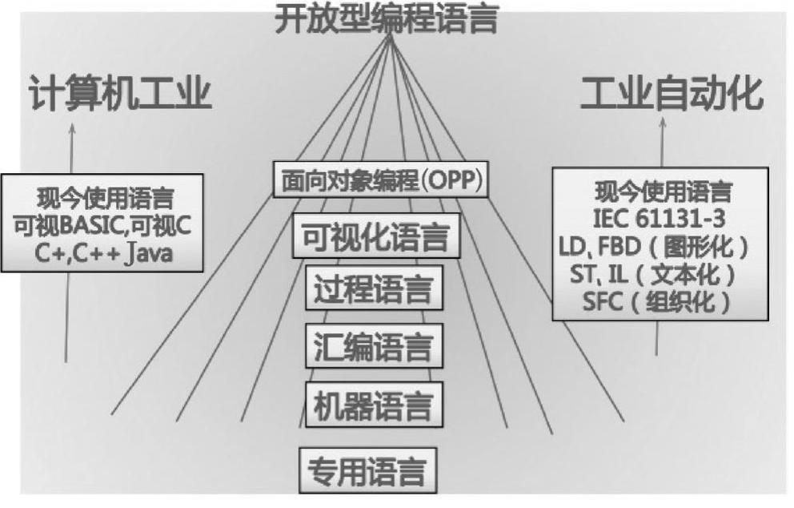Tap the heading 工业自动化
[x=671, y=95]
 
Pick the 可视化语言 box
[x=376, y=236]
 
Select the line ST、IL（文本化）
[x=658, y=273]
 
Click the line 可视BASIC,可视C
[x=102, y=227]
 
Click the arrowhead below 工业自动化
[x=662, y=127]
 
